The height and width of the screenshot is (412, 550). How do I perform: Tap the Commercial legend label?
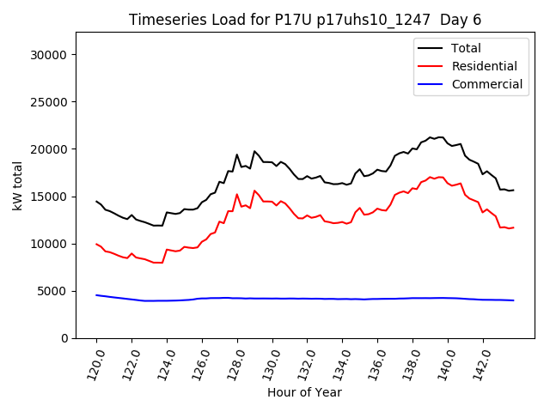pos(486,84)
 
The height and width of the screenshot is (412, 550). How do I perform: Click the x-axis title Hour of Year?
pos(304,392)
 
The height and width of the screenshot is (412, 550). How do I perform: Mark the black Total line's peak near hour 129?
pos(254,151)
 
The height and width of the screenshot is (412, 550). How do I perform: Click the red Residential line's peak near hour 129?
pos(254,191)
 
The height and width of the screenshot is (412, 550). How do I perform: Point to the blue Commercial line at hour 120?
pos(96,295)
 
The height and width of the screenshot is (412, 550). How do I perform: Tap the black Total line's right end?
pos(513,190)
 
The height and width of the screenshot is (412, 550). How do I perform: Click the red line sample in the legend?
pos(432,66)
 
